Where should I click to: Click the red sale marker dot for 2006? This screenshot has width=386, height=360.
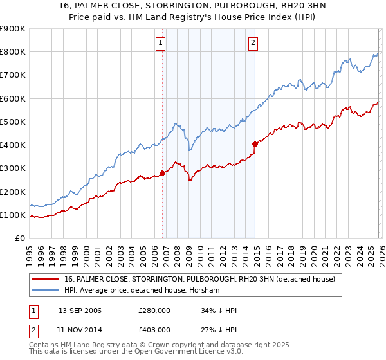pyautogui.click(x=163, y=173)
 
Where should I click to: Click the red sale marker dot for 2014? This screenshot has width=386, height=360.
pyautogui.click(x=255, y=144)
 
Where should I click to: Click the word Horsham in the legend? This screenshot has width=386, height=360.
pyautogui.click(x=206, y=291)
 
